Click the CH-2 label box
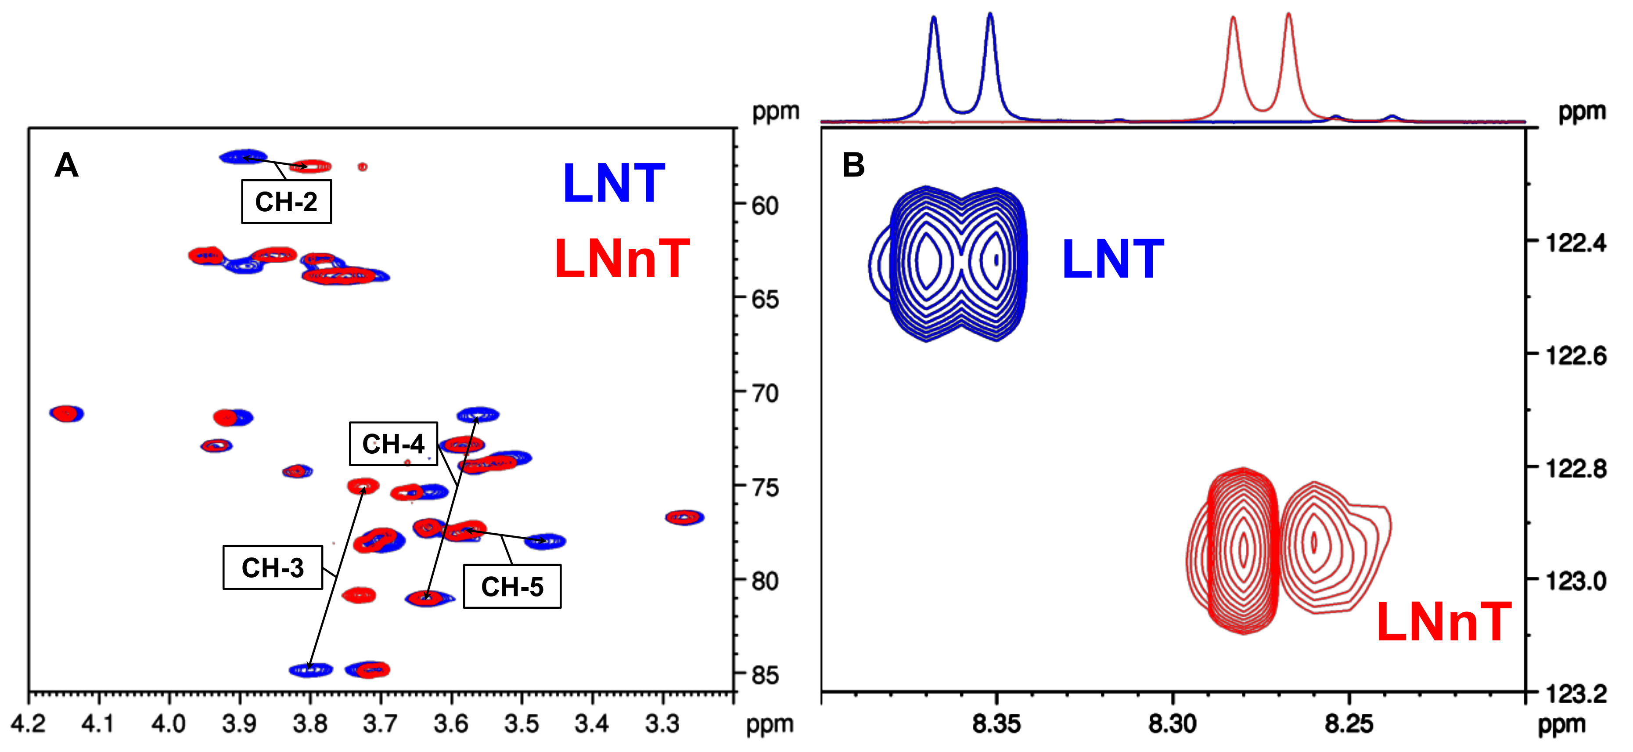point(286,202)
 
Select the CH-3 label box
point(273,568)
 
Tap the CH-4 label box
point(393,444)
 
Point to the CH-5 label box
point(512,586)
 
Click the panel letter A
point(67,166)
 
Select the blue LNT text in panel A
point(614,184)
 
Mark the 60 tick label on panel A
point(765,206)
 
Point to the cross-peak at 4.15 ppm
point(67,413)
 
